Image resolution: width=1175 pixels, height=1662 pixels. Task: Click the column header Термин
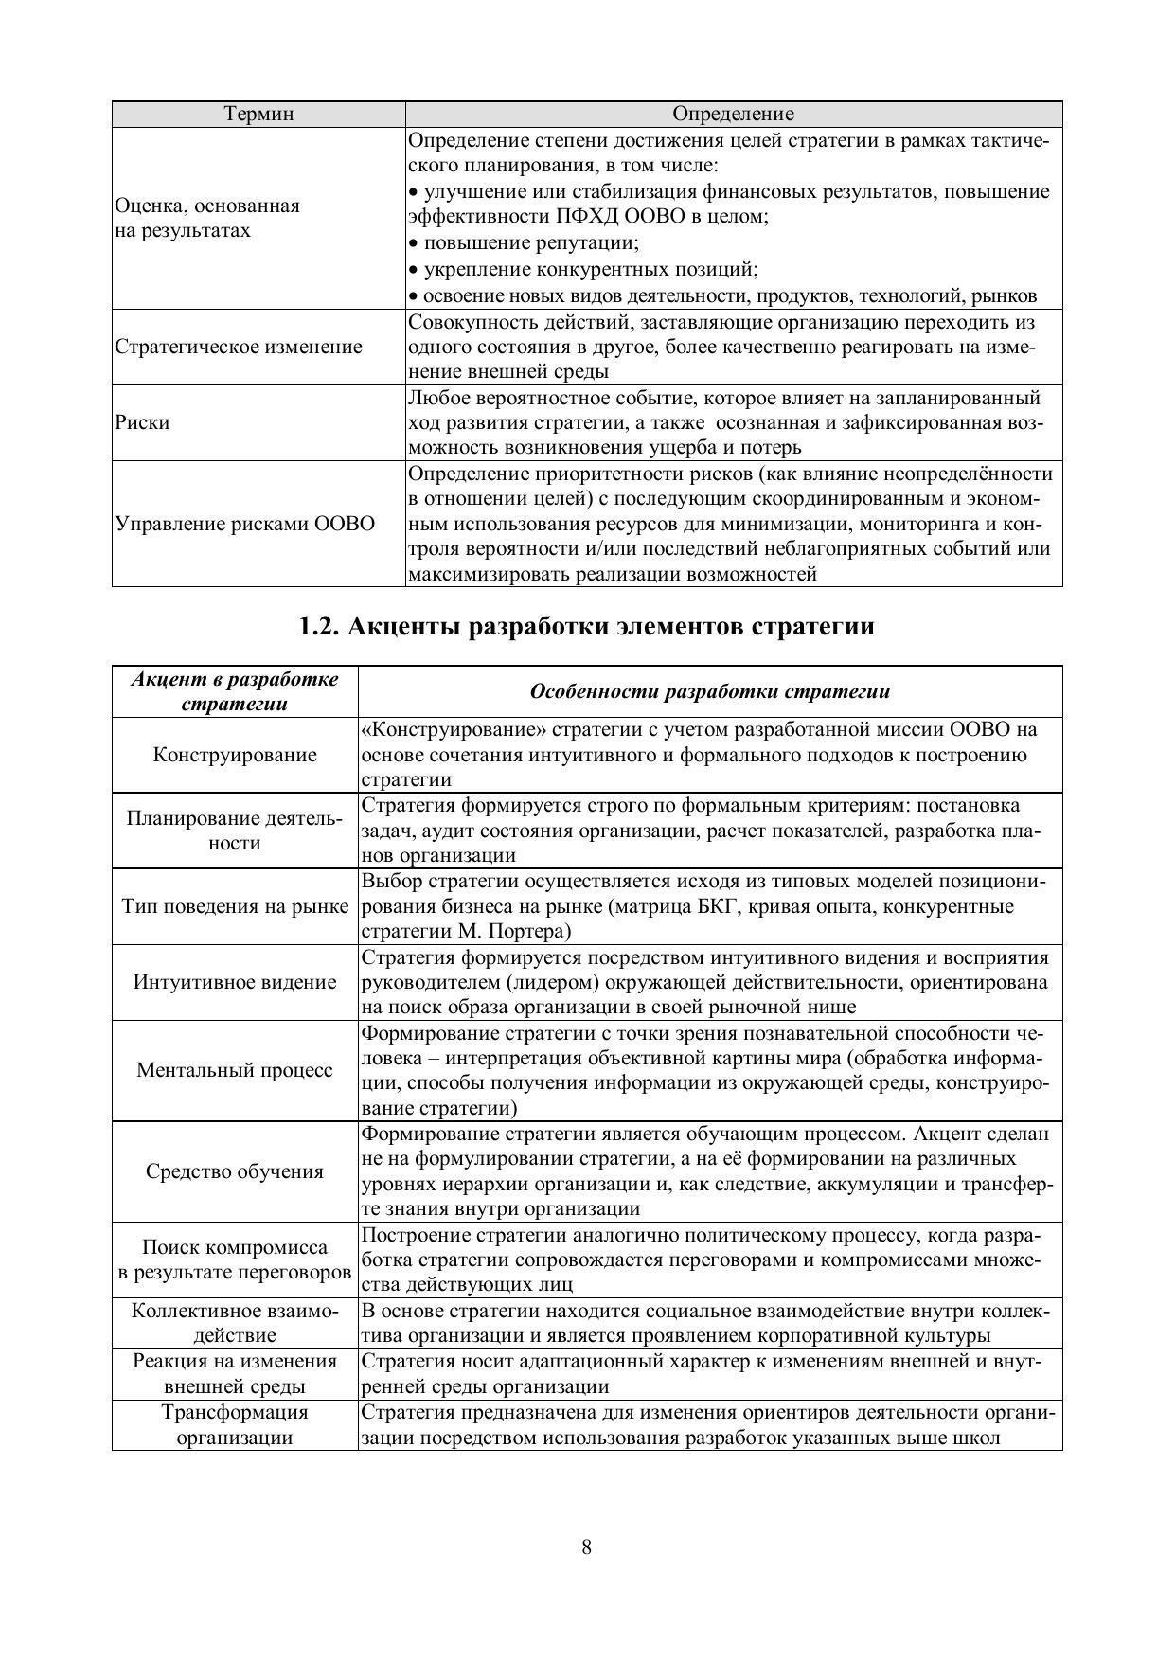[x=258, y=115]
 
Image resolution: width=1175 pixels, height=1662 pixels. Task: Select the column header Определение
[x=733, y=115]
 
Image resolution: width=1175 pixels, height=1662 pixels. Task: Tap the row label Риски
[x=142, y=422]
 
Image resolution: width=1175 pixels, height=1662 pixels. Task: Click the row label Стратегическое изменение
[x=238, y=347]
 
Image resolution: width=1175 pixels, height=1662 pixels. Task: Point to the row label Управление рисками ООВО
[x=244, y=524]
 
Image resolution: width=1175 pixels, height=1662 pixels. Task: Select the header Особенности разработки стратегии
[x=709, y=691]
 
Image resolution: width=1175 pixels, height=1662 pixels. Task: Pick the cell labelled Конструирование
[x=235, y=755]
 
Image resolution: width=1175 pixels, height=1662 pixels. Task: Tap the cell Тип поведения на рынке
[x=235, y=906]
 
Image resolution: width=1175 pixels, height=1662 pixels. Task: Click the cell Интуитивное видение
[x=235, y=982]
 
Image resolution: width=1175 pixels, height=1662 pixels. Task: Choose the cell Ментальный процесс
[x=235, y=1070]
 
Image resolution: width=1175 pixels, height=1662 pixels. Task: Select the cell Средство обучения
[x=235, y=1171]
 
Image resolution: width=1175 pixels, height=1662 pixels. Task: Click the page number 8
[x=587, y=1547]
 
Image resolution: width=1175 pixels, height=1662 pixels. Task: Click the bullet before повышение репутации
[x=413, y=243]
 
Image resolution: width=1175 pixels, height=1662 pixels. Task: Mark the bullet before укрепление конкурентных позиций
[x=413, y=270]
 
